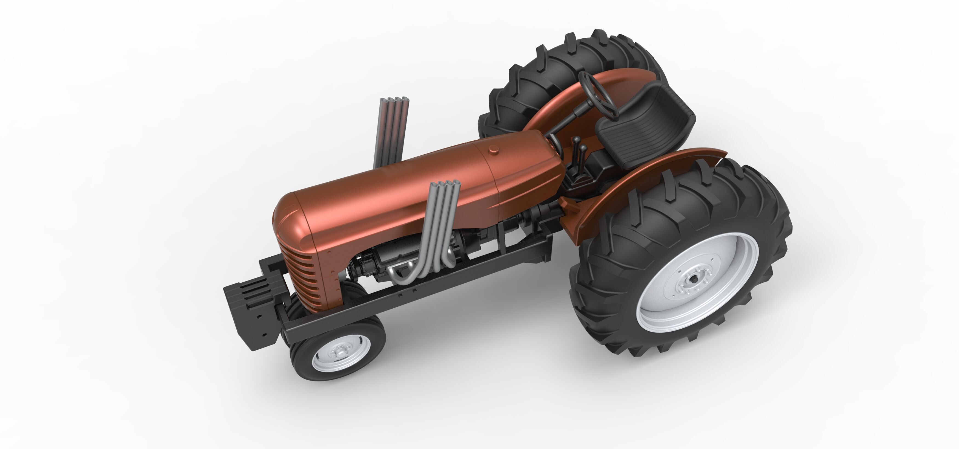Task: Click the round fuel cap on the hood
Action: pos(494,150)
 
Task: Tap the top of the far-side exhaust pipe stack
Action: pos(395,101)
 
